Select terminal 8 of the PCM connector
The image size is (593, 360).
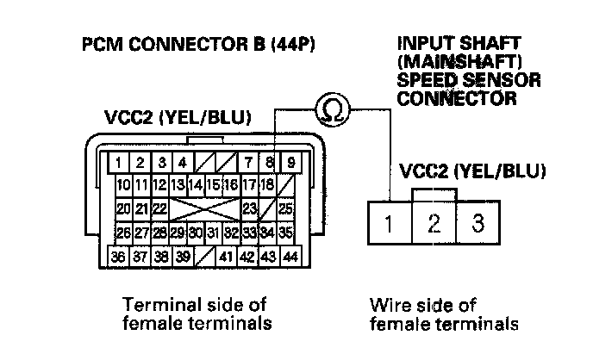pyautogui.click(x=271, y=161)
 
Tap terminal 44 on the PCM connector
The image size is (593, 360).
pyautogui.click(x=290, y=257)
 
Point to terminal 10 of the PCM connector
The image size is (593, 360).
pyautogui.click(x=123, y=185)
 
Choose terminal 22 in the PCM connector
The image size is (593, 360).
pyautogui.click(x=159, y=208)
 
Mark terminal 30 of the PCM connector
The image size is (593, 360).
pyautogui.click(x=197, y=233)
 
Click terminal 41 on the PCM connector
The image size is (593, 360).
pyautogui.click(x=228, y=257)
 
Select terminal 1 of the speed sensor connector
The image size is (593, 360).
pyautogui.click(x=389, y=226)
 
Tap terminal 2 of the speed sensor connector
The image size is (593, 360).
pyautogui.click(x=434, y=226)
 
